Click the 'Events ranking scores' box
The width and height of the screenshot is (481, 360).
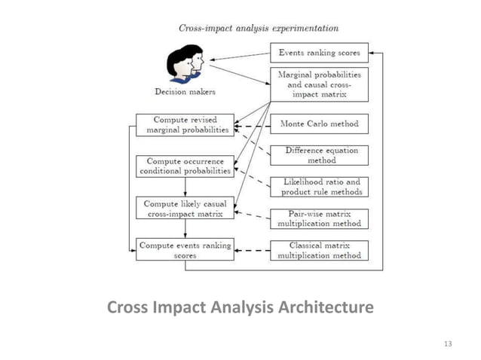(319, 53)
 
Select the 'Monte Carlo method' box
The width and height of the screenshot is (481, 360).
(319, 124)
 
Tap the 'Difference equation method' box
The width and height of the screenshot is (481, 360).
(319, 155)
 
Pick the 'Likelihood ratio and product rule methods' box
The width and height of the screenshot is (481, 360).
(319, 187)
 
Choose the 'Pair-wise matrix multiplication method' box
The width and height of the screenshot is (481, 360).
(319, 218)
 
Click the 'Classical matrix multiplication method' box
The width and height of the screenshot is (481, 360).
(319, 250)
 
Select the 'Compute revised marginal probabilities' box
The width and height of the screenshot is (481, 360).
(182, 125)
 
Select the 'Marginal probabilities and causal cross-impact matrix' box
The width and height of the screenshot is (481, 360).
(319, 85)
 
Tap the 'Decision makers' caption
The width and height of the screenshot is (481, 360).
(185, 93)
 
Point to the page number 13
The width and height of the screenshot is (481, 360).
(448, 344)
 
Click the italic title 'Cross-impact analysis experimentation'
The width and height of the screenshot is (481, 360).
(258, 28)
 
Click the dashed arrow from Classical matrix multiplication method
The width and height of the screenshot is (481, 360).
(251, 250)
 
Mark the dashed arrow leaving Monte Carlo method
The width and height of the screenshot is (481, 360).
(251, 125)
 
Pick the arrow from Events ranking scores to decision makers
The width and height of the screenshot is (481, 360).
(239, 55)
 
